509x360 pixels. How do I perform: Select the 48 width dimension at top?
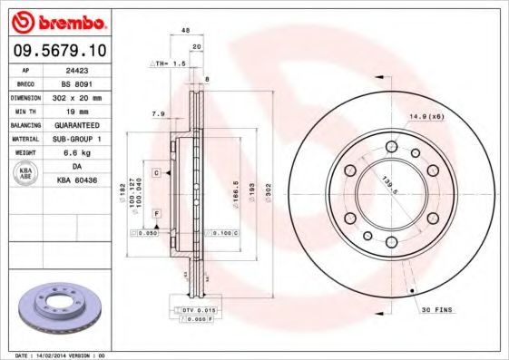(185, 30)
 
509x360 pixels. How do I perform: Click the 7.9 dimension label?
(157, 113)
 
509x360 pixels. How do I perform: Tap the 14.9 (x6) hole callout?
(425, 116)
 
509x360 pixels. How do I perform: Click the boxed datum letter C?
(156, 171)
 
